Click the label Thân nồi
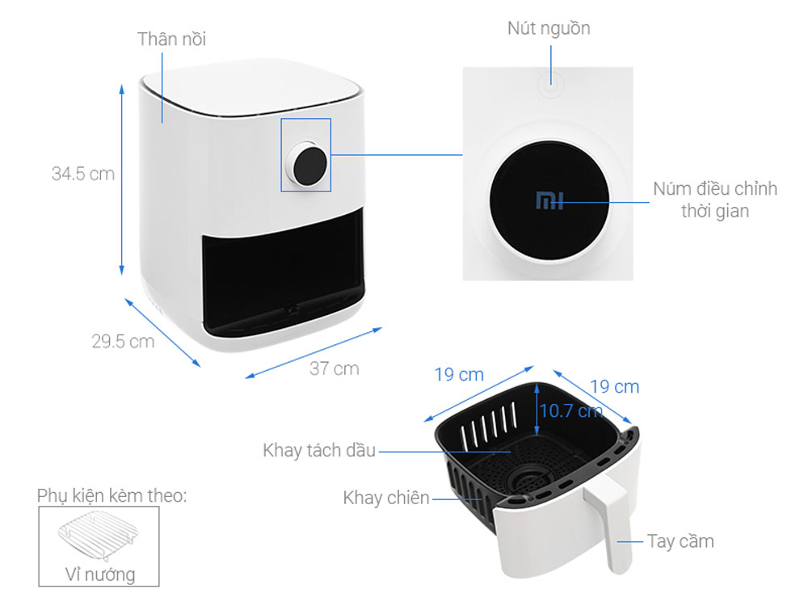[x=171, y=39]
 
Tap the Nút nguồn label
[x=549, y=28]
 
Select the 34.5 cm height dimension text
[x=83, y=174]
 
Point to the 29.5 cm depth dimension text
[x=123, y=341]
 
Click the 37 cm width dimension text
[x=334, y=368]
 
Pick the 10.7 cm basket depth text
[x=570, y=410]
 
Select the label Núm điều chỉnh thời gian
[x=715, y=200]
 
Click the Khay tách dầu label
[x=319, y=450]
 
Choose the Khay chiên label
[x=386, y=498]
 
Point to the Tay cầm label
[x=680, y=541]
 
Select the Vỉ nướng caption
[x=99, y=574]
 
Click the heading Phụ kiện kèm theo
[x=112, y=494]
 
